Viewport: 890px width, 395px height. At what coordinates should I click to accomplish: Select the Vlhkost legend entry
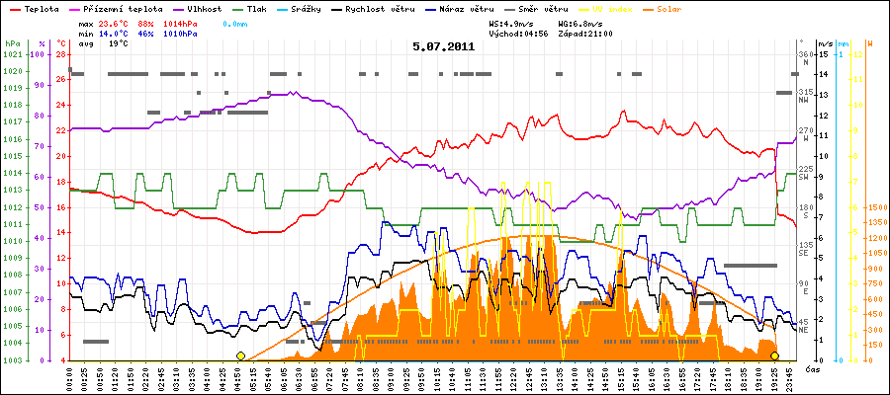(x=193, y=8)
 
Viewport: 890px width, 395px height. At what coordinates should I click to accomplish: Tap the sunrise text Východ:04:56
(x=517, y=33)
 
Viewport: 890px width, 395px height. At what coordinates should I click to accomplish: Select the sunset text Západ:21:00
(x=585, y=33)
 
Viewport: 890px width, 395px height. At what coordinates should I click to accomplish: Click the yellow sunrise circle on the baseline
(x=240, y=355)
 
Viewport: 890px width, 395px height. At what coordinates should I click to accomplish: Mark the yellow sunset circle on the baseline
(x=774, y=355)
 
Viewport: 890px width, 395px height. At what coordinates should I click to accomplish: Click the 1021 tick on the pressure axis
(x=12, y=54)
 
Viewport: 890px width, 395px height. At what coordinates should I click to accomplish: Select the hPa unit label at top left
(x=11, y=44)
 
